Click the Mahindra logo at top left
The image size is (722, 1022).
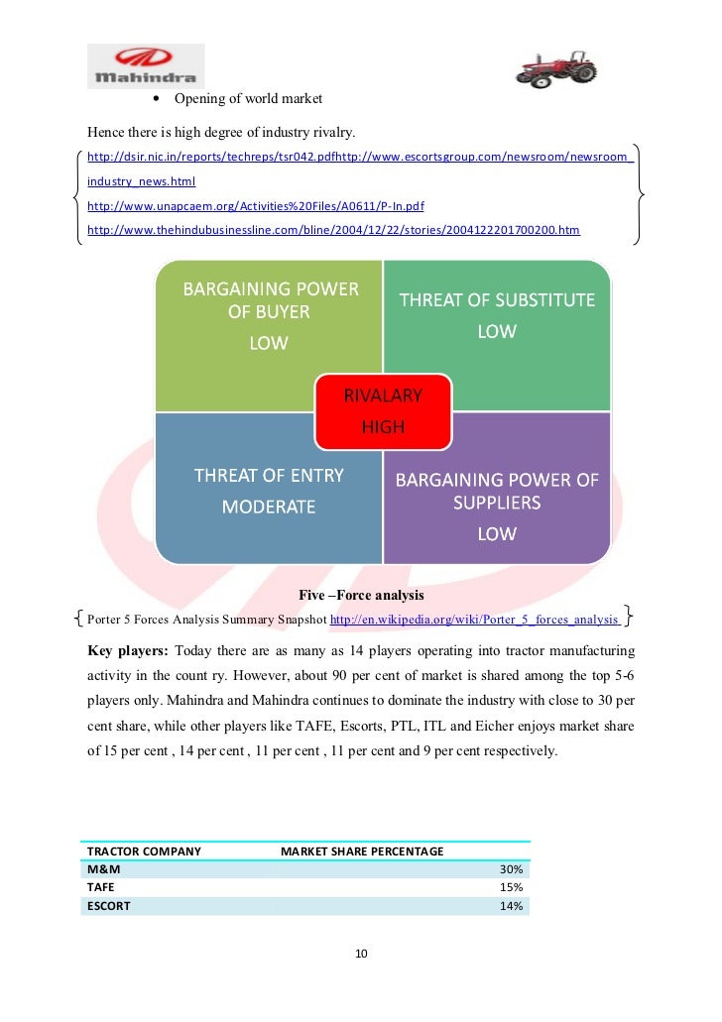coord(145,65)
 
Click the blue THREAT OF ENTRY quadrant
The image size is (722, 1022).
coord(268,496)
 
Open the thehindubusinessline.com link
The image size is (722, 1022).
coord(333,231)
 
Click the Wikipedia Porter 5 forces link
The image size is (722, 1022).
coord(475,621)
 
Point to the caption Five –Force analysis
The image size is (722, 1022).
coord(361,596)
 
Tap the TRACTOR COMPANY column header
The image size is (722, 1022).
coord(144,852)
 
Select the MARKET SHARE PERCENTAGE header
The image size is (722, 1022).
coord(362,852)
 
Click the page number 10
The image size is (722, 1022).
coord(361,954)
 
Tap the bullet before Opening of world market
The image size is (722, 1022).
coord(158,99)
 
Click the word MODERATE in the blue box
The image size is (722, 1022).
coord(268,507)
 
